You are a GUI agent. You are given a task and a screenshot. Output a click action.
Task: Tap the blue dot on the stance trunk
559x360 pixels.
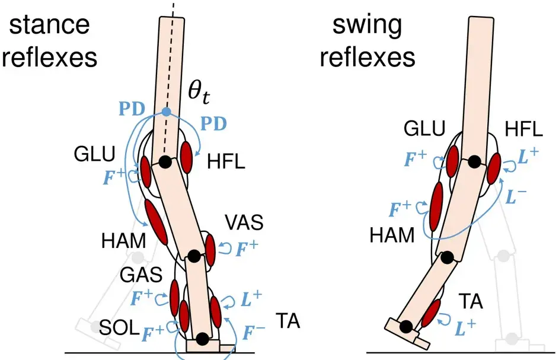click(x=166, y=111)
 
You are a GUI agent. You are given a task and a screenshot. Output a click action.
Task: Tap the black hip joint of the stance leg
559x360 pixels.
click(x=164, y=161)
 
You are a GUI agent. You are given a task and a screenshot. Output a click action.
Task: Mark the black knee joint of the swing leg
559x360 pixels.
click(x=447, y=257)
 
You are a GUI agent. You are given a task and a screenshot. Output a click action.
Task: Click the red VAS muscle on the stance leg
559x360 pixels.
click(x=210, y=250)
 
